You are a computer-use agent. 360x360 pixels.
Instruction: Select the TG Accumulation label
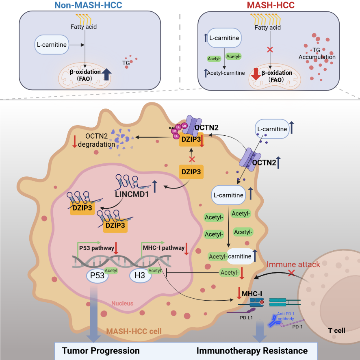point(317,54)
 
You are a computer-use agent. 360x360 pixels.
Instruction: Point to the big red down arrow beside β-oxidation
point(255,74)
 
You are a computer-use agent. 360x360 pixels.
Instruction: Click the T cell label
point(336,330)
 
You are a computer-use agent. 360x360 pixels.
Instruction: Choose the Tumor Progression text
point(101,351)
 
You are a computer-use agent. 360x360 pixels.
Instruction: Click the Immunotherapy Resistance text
point(252,351)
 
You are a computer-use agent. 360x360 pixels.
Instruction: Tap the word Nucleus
point(122,303)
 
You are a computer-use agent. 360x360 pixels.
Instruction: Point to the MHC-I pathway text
point(163,247)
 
